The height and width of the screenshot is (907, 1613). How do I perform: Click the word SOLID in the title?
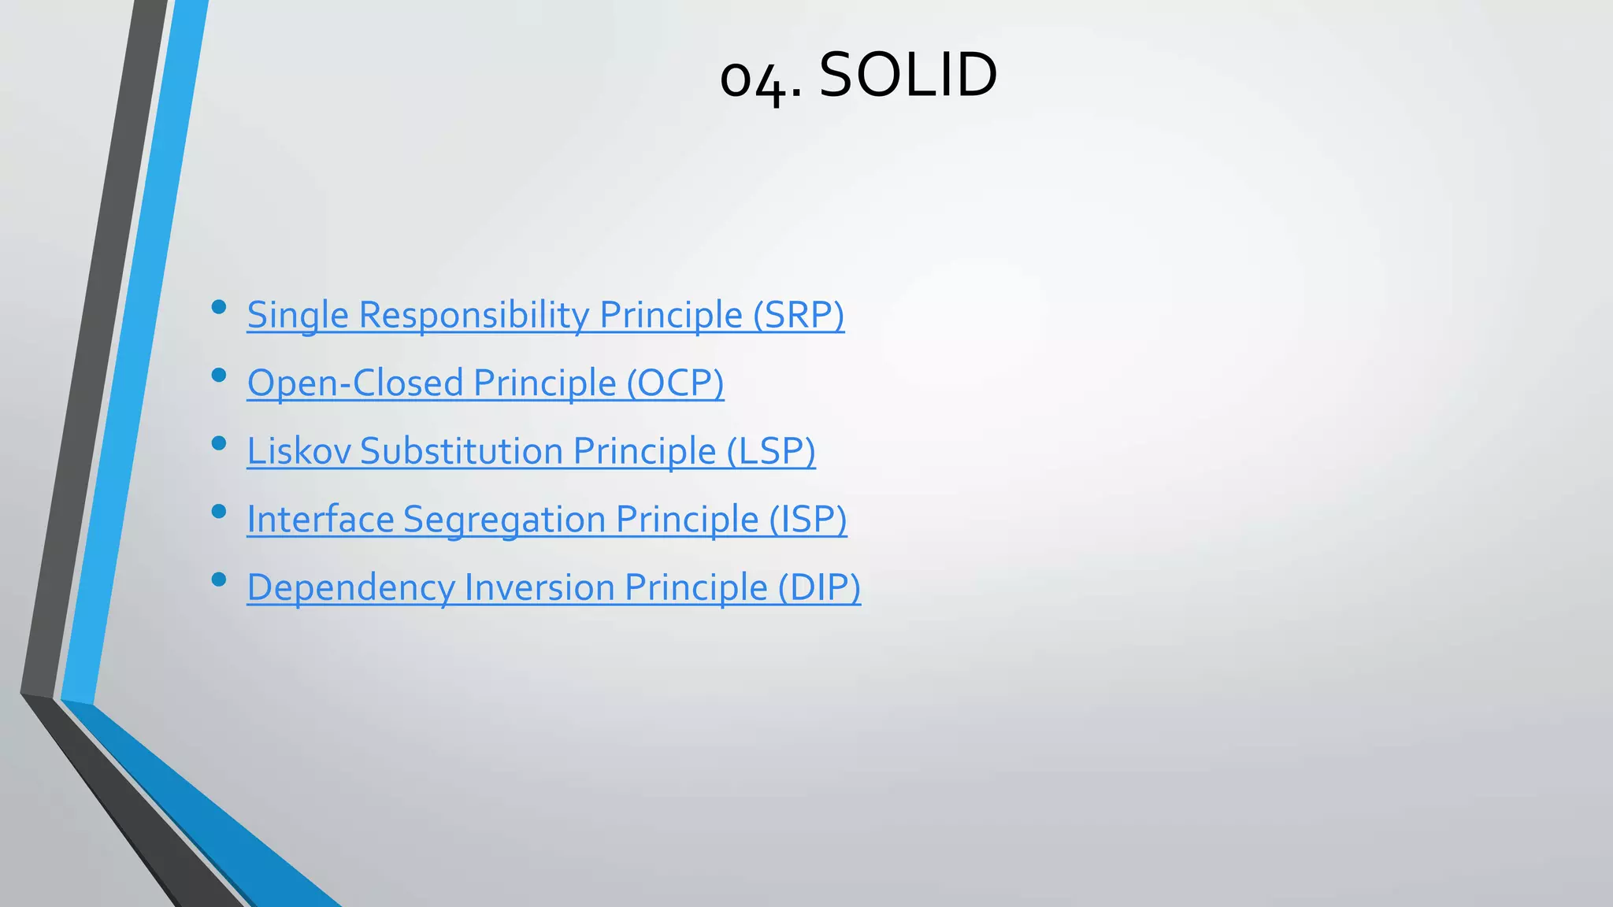[x=908, y=75]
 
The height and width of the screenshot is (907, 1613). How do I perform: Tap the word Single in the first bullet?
[x=298, y=315]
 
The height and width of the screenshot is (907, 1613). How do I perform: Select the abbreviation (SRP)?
[x=799, y=315]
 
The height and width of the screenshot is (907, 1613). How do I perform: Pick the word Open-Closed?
[x=355, y=383]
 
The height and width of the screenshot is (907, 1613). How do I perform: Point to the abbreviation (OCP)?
[x=675, y=383]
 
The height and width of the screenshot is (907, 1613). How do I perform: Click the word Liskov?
[x=298, y=451]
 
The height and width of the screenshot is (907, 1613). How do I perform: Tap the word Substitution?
[x=462, y=451]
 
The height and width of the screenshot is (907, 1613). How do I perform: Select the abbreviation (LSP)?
[x=770, y=451]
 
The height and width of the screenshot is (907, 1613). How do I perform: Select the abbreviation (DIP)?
[x=819, y=588]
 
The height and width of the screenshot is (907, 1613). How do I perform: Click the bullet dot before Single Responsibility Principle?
[x=219, y=307]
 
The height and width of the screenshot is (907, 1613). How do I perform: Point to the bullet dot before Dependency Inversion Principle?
[x=219, y=580]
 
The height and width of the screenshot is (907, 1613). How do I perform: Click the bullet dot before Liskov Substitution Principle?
[x=219, y=443]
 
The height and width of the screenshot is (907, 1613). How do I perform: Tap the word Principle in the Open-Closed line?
[x=544, y=383]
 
